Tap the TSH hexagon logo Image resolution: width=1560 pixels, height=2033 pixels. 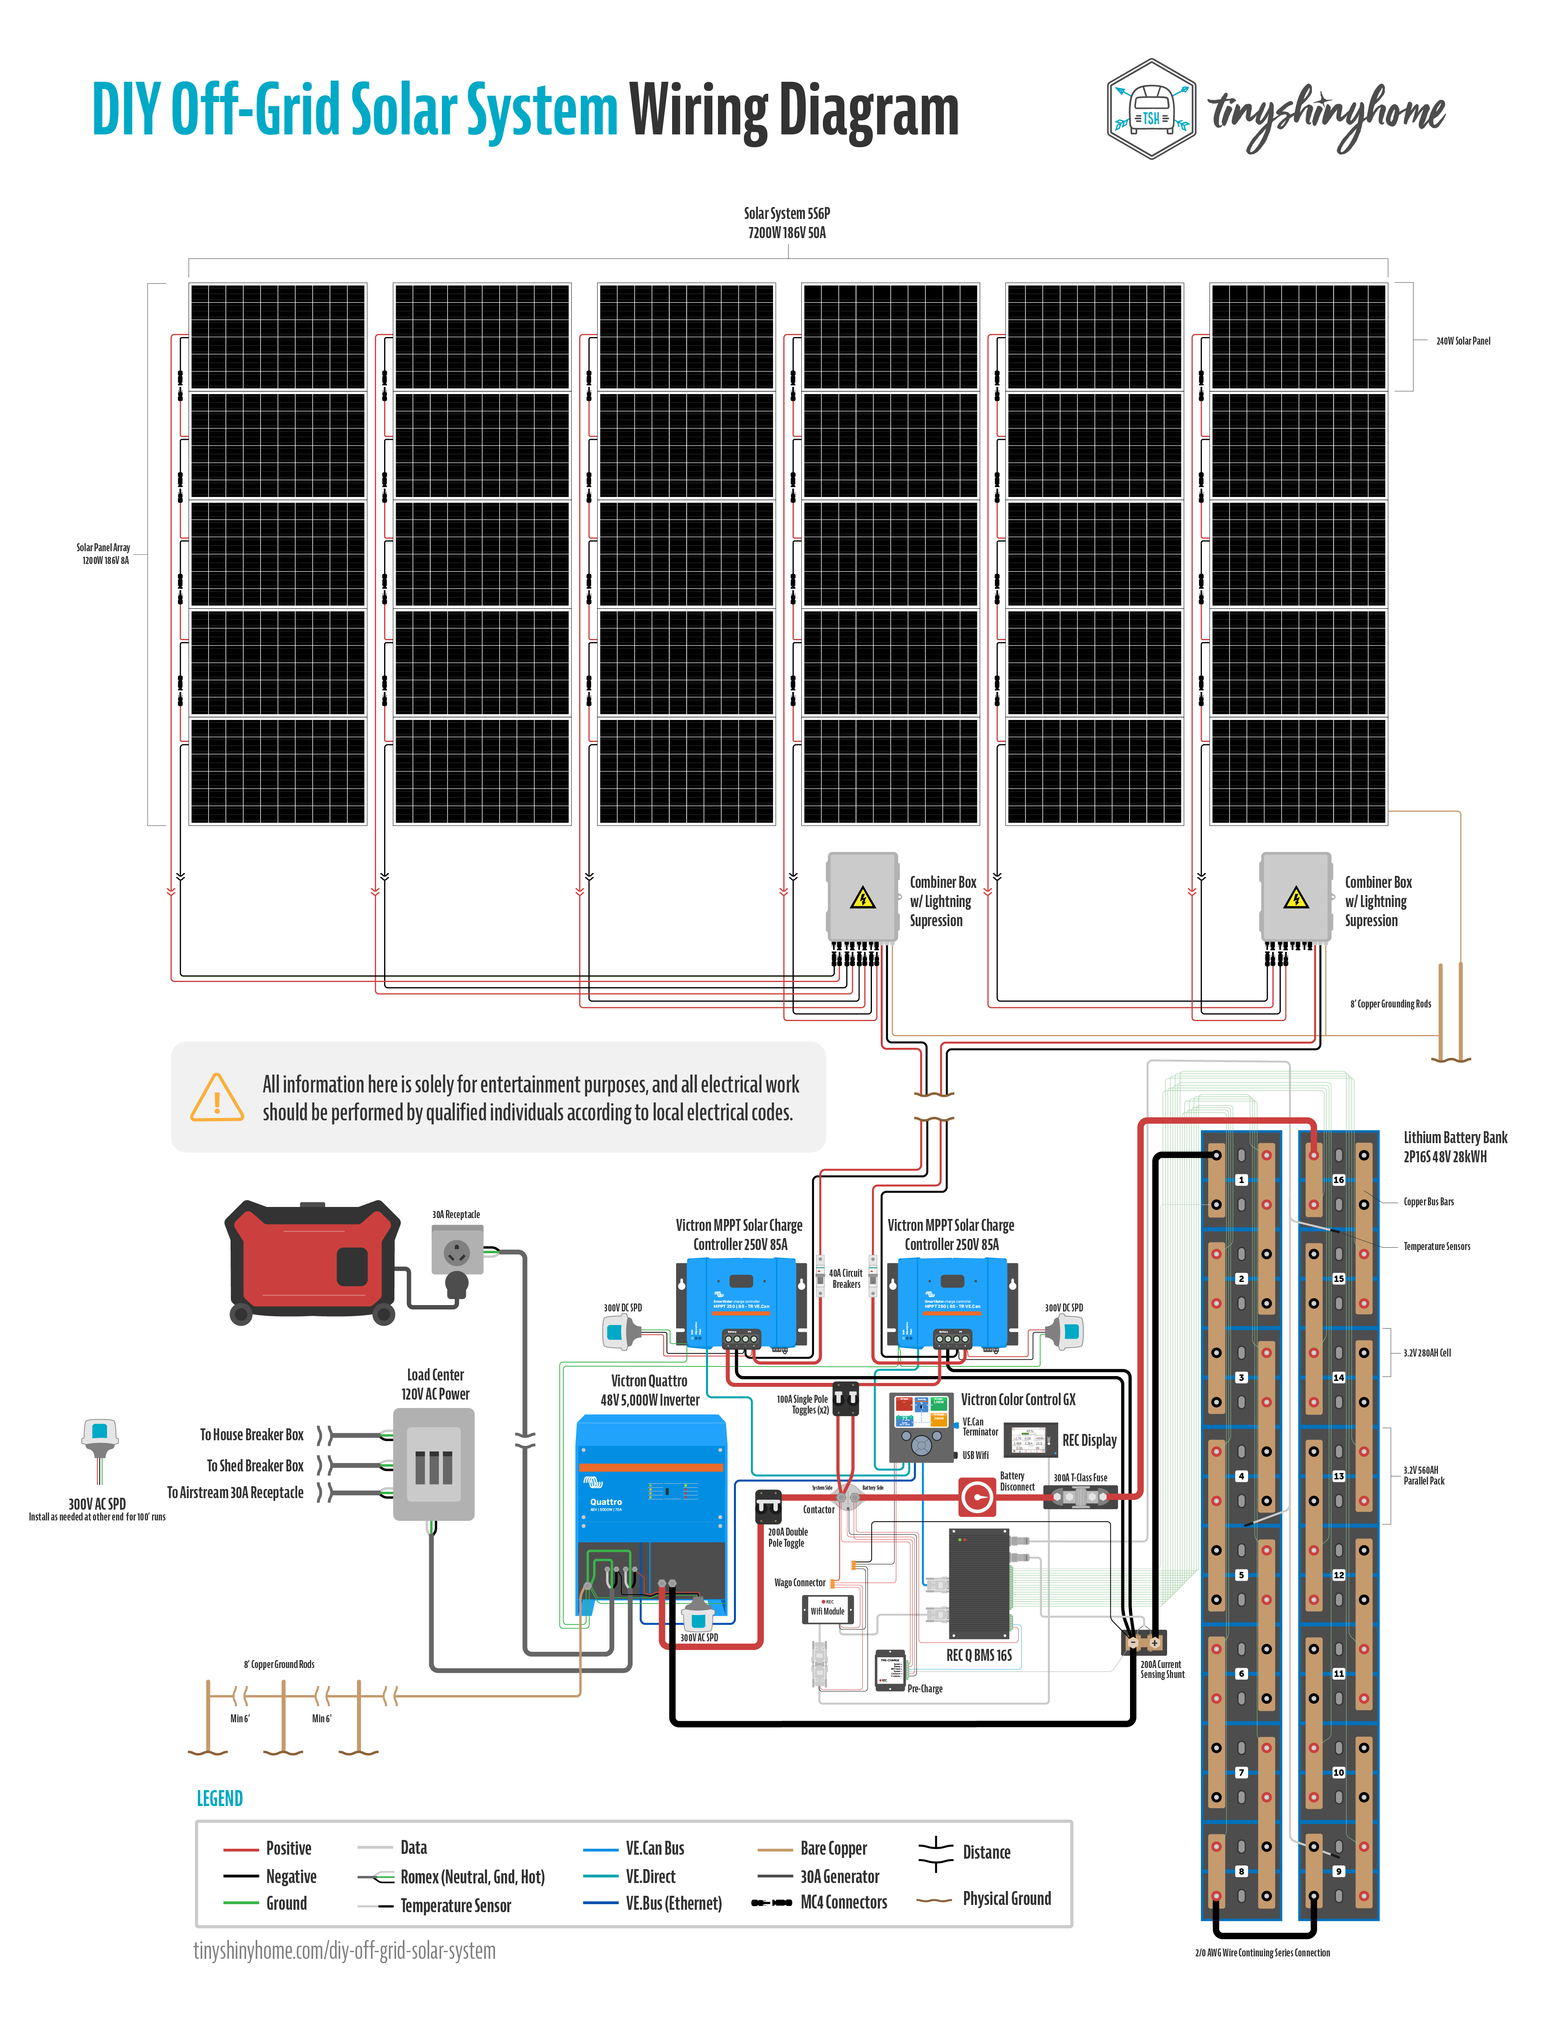tap(1152, 110)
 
